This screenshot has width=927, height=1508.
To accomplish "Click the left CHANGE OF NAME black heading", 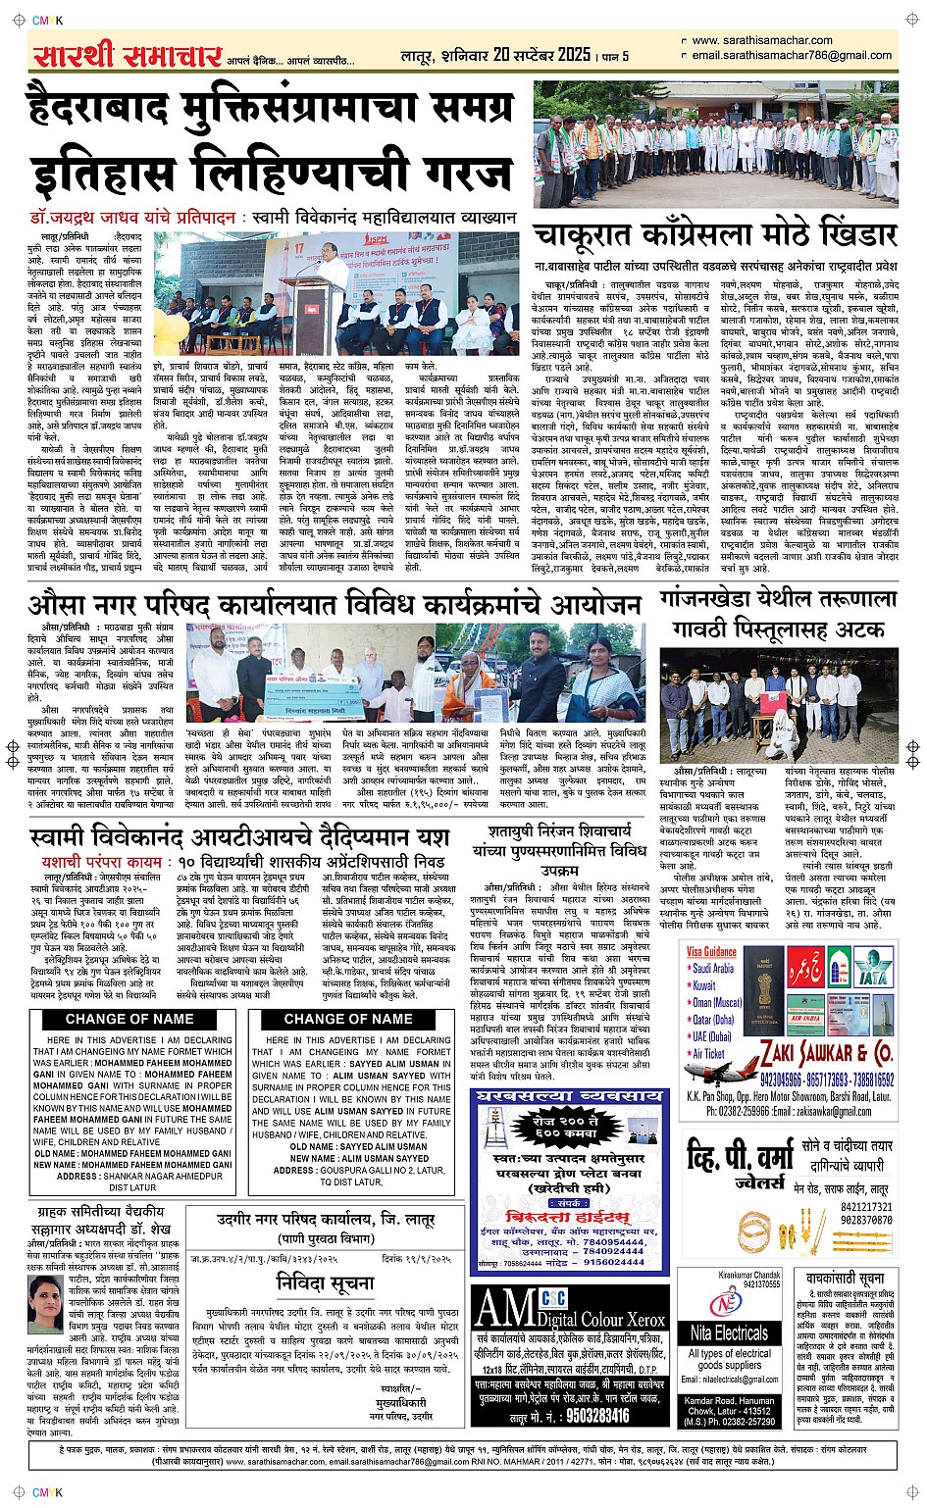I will [x=129, y=1019].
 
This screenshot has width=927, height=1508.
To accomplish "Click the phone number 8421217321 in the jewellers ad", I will [x=866, y=1207].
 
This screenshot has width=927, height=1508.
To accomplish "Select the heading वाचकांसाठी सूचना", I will [x=845, y=1279].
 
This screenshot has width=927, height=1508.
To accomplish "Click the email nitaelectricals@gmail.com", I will [x=730, y=1380].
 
